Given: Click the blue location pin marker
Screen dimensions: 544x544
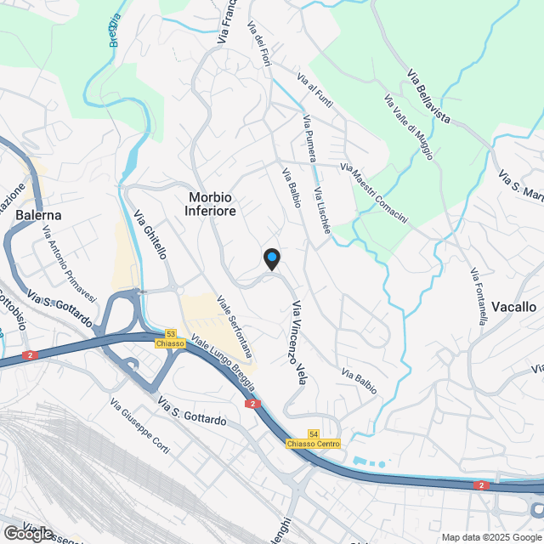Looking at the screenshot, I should tap(271, 258).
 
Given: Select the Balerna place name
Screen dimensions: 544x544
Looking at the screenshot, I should tap(39, 215).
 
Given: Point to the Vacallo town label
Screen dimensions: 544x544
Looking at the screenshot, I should tap(514, 306).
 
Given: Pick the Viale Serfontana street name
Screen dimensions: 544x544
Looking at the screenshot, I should tap(235, 326).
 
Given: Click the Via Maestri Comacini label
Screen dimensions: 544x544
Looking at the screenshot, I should tap(374, 194).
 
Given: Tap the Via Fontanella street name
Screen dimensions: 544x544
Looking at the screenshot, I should tap(479, 297).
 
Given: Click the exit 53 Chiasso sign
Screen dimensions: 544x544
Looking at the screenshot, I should tap(171, 338).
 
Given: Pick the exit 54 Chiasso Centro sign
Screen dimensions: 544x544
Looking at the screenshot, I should tap(314, 439).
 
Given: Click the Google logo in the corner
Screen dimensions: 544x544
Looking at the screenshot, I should tap(28, 533).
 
